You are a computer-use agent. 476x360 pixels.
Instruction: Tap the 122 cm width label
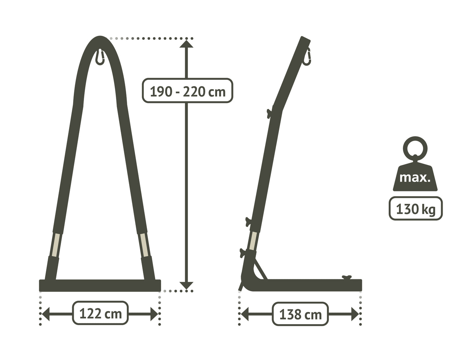point(100,313)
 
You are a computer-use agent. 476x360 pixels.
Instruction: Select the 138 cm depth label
point(300,315)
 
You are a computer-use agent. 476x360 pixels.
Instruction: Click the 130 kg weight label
point(415,208)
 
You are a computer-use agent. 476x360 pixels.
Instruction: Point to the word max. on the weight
point(415,178)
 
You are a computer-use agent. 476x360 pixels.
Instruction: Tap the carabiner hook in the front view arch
point(100,57)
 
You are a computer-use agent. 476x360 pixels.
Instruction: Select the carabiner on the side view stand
point(307,57)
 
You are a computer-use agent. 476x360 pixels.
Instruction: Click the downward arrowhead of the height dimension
point(186,286)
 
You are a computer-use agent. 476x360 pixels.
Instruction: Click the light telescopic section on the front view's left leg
point(56,245)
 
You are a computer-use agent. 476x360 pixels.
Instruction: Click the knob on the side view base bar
point(347,277)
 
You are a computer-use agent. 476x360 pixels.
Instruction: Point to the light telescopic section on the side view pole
point(253,241)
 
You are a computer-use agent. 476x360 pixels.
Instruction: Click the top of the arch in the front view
point(100,38)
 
